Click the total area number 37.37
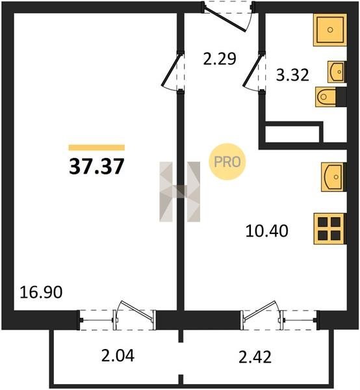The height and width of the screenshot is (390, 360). [96, 166]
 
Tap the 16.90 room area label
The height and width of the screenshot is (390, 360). [41, 292]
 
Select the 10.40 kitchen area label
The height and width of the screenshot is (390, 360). [267, 231]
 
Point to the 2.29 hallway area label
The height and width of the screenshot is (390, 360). [220, 59]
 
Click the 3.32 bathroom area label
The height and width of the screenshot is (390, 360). [292, 75]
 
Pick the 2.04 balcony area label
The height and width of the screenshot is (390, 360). [118, 356]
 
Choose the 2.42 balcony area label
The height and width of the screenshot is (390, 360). [255, 357]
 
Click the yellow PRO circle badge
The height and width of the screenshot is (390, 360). [227, 162]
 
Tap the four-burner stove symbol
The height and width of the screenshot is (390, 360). [329, 229]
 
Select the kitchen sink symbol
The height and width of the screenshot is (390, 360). [333, 177]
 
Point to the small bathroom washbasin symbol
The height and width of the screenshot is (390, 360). [337, 71]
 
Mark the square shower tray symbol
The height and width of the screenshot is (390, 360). [330, 30]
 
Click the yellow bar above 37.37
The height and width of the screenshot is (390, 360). [97, 148]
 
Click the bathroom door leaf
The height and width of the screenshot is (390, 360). [253, 70]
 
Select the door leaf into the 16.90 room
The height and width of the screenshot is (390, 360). [171, 70]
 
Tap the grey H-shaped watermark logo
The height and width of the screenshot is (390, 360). [179, 192]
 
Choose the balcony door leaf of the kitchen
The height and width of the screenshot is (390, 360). [260, 310]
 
